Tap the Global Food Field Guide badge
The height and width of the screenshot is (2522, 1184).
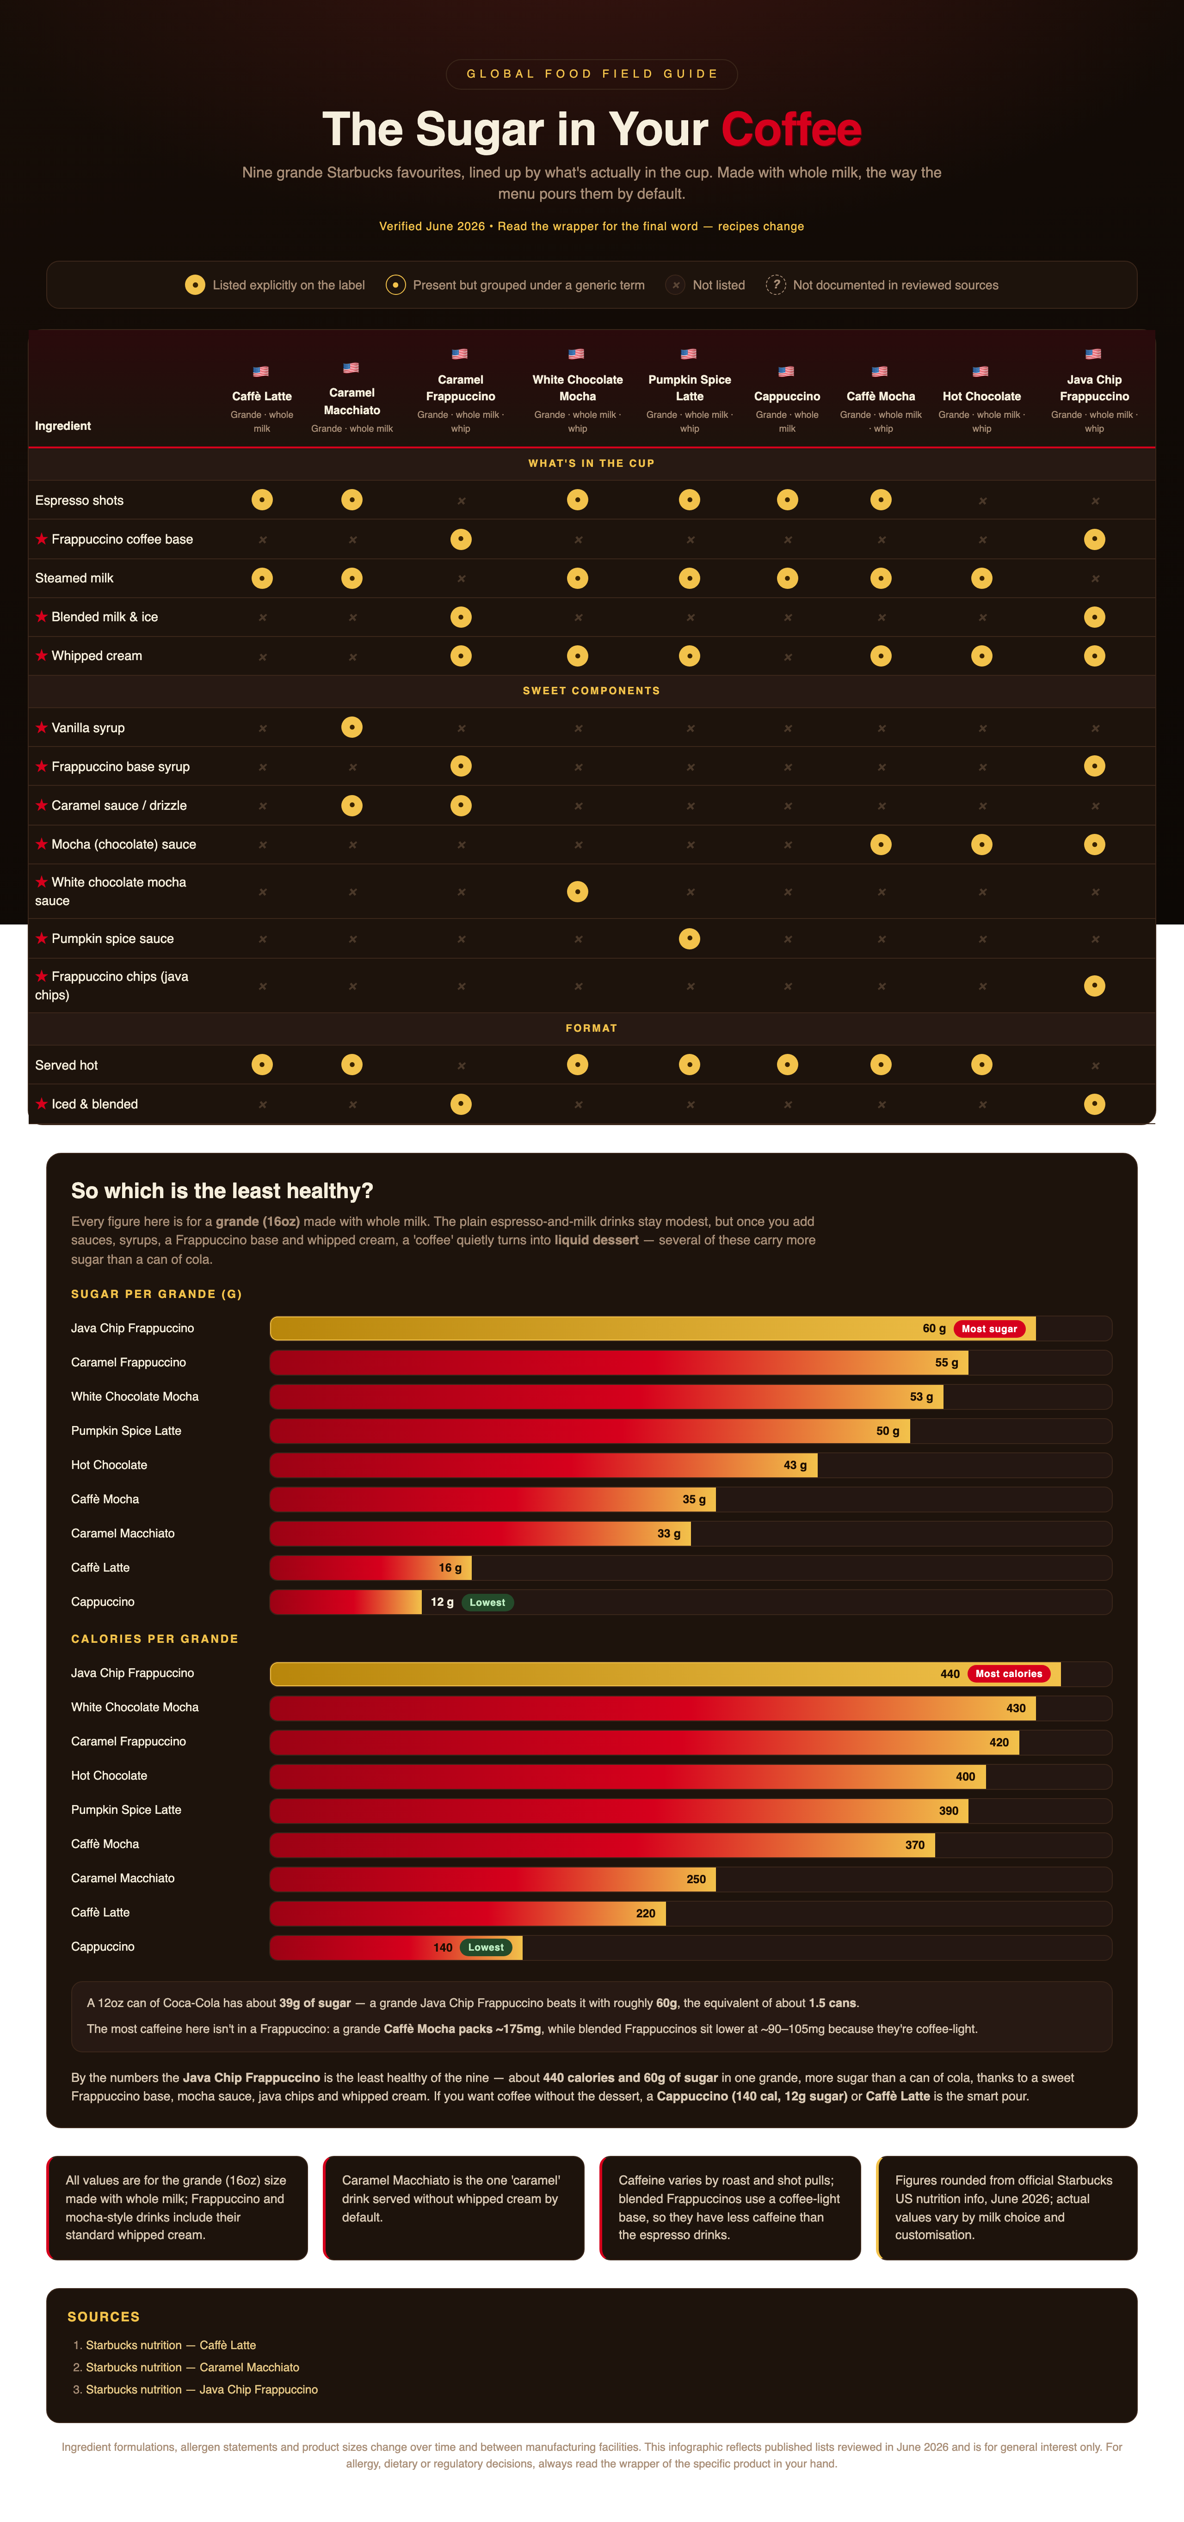point(592,73)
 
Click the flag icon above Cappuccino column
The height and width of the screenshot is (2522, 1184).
point(786,371)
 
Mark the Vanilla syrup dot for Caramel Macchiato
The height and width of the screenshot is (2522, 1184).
point(351,728)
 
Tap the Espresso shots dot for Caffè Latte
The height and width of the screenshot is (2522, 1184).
point(261,500)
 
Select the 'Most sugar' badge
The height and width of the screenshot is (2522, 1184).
point(989,1328)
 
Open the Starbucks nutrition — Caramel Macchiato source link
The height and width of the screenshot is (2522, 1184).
point(193,2367)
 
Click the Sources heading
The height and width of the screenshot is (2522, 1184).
point(104,2316)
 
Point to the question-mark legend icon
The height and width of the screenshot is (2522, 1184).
point(776,285)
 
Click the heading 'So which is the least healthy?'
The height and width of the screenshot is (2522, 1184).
point(222,1191)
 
